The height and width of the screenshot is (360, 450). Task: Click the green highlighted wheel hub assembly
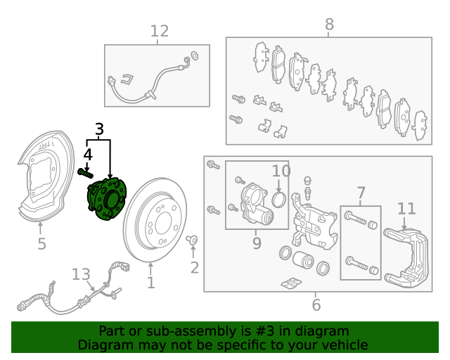click(107, 199)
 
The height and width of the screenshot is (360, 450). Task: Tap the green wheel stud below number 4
click(86, 173)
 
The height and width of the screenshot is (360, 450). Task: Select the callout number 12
click(160, 31)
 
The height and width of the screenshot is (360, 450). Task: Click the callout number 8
click(329, 25)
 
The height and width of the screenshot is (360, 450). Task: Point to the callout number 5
click(42, 244)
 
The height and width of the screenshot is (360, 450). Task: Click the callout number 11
click(406, 209)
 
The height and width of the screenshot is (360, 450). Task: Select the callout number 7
click(361, 193)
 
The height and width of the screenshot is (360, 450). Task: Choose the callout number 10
click(281, 171)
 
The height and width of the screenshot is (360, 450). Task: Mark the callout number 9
click(257, 243)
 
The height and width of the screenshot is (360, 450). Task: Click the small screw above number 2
click(192, 239)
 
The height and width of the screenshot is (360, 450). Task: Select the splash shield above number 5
click(43, 176)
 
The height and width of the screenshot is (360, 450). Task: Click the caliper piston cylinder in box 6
click(303, 259)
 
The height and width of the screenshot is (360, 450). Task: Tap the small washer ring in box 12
click(195, 55)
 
